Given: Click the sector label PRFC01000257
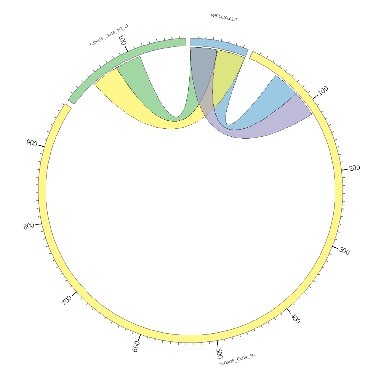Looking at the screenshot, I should pos(224,18).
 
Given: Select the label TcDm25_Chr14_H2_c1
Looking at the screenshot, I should pos(109,35).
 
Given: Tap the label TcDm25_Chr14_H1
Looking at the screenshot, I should pos(237,360).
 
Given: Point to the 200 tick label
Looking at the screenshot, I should pos(354,168).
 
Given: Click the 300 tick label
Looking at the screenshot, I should pos(344,251).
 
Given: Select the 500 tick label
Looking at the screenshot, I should pos(219,351).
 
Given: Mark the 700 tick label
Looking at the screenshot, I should pos(67,300).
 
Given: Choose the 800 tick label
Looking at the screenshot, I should pos(29,226).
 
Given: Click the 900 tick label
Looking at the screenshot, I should pos(32,143).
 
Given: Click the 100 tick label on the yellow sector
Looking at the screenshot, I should pos(323,91).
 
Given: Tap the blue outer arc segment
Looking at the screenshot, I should pos(219,45).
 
